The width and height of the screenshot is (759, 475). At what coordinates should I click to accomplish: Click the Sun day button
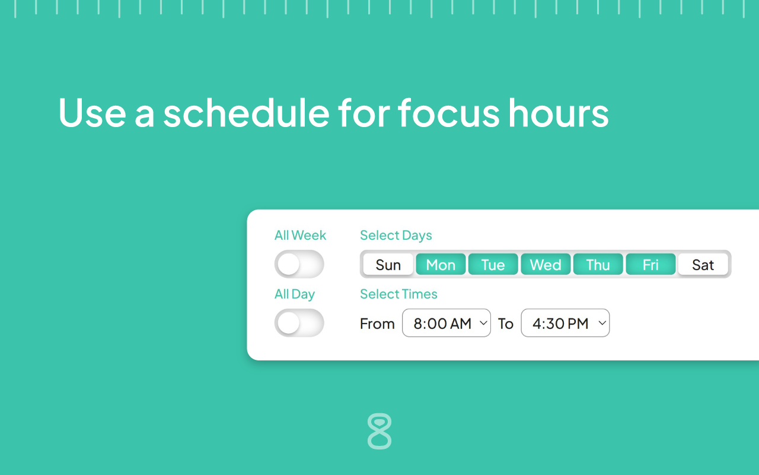388,264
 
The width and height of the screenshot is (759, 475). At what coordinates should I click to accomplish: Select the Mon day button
441,264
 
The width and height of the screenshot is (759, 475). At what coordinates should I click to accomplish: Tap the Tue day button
493,264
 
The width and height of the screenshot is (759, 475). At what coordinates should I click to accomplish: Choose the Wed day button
546,264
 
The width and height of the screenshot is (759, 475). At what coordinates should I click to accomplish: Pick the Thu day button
598,264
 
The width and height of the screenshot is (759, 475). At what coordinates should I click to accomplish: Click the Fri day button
650,264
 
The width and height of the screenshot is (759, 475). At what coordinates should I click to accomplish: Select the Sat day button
703,264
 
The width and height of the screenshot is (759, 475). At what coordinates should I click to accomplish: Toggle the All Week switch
299,264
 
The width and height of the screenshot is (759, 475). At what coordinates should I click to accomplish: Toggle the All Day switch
299,323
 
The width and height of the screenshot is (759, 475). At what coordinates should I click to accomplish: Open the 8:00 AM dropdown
447,323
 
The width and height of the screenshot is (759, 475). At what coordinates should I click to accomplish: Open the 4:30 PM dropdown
565,323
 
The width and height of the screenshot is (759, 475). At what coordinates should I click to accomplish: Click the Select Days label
396,235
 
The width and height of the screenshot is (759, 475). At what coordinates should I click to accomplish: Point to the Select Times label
398,294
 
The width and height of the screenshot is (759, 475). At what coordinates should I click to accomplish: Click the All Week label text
300,235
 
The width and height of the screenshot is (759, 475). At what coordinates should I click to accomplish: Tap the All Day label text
294,294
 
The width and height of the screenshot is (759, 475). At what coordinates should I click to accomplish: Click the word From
377,324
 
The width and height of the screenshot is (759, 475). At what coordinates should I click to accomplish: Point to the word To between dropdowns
505,324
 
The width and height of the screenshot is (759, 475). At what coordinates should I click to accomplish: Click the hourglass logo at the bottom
379,431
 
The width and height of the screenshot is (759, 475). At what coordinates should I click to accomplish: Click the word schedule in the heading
246,112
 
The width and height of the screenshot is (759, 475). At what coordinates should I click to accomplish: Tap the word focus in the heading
449,112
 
